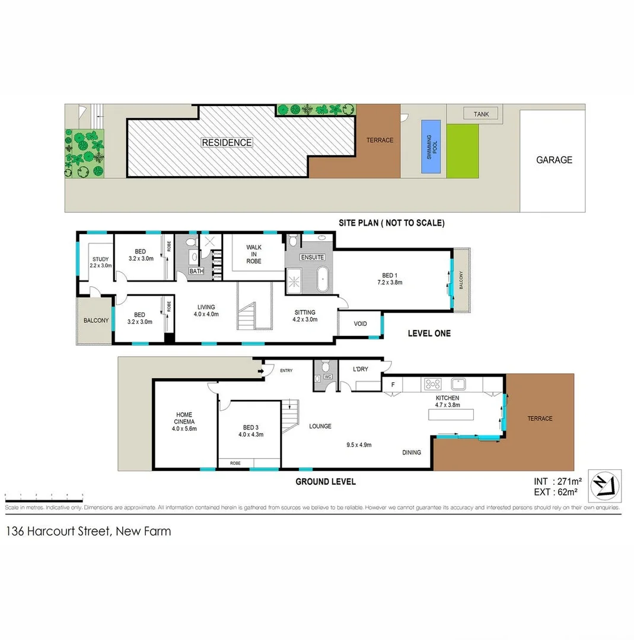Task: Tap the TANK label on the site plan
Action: (481, 114)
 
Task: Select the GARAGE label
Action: (554, 160)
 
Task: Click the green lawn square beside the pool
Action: (462, 151)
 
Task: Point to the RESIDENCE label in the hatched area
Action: (227, 143)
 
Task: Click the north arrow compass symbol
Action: (604, 485)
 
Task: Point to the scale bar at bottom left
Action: (43, 495)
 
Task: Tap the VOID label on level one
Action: (360, 324)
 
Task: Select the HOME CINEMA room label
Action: (184, 421)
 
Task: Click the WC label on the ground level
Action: (327, 376)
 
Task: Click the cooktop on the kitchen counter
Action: (432, 384)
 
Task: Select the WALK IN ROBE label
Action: (253, 254)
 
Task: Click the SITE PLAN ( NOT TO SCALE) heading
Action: (391, 223)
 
